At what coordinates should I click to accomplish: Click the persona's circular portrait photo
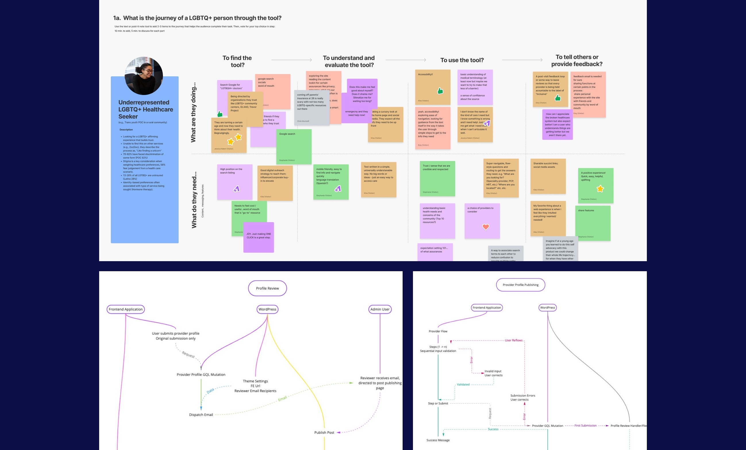[144, 75]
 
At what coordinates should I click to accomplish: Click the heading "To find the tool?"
[237, 61]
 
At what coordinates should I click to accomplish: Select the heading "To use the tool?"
[462, 60]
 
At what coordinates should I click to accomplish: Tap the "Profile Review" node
[267, 288]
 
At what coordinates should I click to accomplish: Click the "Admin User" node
[380, 309]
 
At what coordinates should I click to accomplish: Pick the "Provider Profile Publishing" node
[520, 285]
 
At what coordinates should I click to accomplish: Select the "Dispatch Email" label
[201, 415]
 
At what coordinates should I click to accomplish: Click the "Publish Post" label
[324, 432]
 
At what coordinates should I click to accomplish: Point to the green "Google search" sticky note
[294, 147]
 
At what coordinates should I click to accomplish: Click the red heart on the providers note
[486, 227]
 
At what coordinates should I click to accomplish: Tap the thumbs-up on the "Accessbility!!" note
[440, 91]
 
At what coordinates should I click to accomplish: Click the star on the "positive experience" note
[600, 189]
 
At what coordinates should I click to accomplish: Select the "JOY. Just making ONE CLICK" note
[259, 237]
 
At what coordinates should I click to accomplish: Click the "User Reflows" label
[514, 340]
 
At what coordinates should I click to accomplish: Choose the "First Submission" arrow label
[585, 426]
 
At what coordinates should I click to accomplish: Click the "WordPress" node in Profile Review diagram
[267, 309]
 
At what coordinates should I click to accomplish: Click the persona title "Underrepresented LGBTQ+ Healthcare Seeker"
[146, 109]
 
